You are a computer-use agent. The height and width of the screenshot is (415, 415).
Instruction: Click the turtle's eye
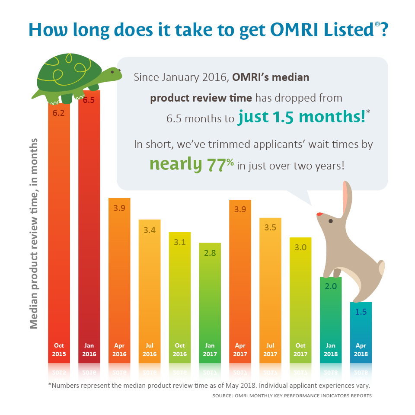[x=114, y=72]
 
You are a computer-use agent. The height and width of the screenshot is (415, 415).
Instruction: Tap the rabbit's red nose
[x=319, y=214]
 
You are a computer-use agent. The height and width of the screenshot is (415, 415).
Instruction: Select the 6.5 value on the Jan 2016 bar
[x=89, y=100]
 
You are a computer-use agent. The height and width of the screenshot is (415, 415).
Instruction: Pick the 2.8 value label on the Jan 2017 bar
[x=210, y=253]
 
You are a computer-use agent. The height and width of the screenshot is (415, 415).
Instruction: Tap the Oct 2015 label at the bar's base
[x=59, y=350]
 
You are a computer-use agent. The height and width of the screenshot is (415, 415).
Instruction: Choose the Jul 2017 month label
[x=270, y=350]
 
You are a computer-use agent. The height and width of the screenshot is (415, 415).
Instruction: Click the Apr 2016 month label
[x=119, y=350]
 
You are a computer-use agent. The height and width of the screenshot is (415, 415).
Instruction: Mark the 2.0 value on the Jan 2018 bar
[x=331, y=286]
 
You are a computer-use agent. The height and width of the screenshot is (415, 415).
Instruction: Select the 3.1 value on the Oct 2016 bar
[x=179, y=242]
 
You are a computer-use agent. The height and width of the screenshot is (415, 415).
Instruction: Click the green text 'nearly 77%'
[x=192, y=164]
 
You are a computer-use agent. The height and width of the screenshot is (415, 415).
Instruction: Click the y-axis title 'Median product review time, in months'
[x=34, y=233]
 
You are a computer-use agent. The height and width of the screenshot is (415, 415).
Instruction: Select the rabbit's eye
[x=331, y=221]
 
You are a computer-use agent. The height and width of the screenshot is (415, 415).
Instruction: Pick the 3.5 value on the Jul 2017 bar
[x=270, y=227]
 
